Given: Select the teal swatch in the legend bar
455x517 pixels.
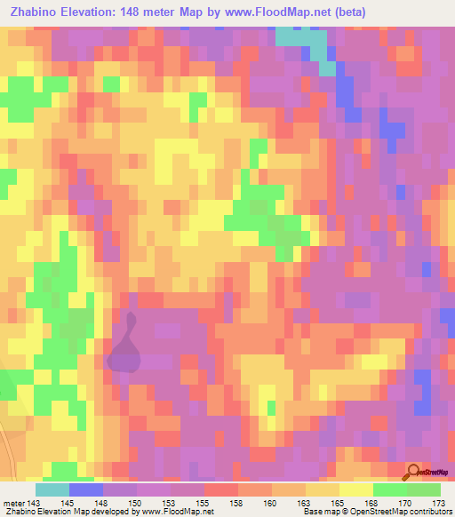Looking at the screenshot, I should point(52,489).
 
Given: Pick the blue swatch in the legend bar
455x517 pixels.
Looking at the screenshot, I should point(86,489).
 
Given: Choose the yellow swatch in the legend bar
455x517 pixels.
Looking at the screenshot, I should point(356,489).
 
